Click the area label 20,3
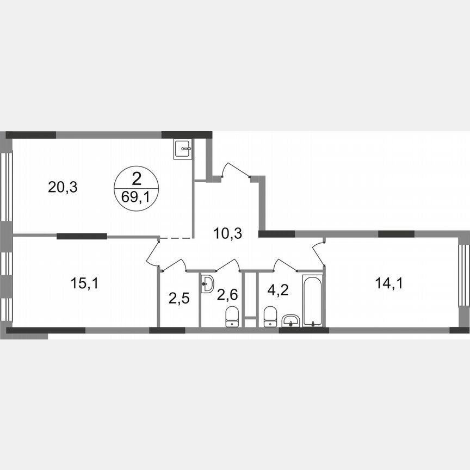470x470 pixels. pos(63,188)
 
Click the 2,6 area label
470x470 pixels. pos(228,295)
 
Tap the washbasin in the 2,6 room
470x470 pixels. pos(207,283)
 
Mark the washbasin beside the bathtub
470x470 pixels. pos(292,321)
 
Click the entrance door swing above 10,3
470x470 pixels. pos(235,169)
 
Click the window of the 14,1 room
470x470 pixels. pos(463,282)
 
